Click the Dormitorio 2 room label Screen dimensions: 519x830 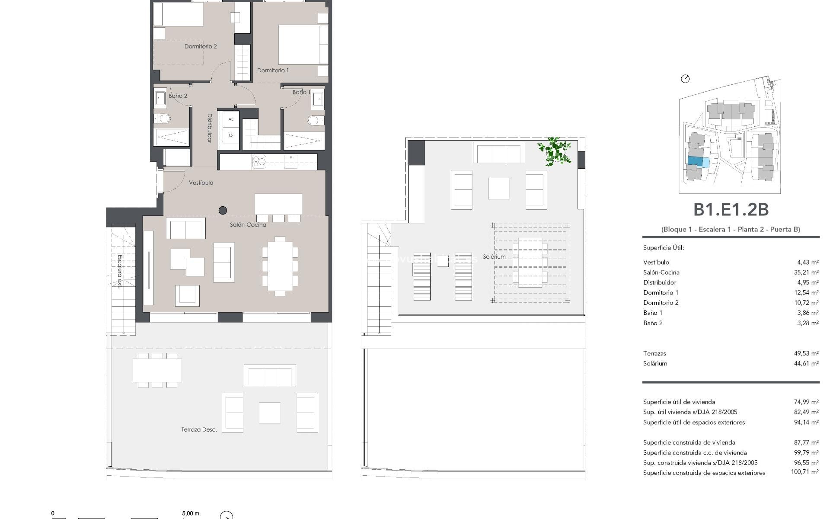point(201,46)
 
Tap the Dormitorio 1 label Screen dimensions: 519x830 point(273,70)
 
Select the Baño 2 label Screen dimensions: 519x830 point(178,96)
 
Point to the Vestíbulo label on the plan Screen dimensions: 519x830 point(201,183)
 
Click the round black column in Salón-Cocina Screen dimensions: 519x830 point(223,211)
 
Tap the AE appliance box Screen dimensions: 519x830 point(231,119)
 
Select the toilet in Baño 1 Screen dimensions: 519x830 point(315,120)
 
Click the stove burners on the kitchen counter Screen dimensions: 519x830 point(259,161)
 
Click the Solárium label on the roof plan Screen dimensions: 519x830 point(494,256)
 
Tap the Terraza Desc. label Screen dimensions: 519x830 point(199,429)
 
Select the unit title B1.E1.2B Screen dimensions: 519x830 point(731,210)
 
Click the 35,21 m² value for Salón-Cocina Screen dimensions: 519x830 point(808,272)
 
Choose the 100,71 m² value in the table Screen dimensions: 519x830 point(804,473)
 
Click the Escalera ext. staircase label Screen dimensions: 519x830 point(120,271)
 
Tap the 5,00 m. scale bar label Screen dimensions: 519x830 point(191,513)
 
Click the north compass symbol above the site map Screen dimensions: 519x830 point(685,79)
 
